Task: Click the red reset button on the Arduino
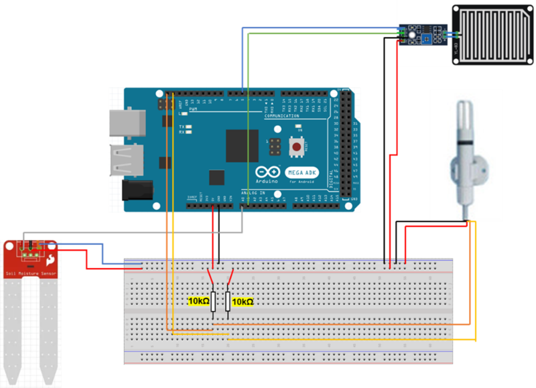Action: (295, 145)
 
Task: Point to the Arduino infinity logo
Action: (266, 171)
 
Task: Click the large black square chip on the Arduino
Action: (241, 145)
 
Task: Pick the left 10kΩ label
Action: (198, 302)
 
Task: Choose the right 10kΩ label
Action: (243, 302)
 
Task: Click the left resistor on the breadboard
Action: (214, 302)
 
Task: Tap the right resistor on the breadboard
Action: (228, 302)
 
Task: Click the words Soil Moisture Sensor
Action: (31, 273)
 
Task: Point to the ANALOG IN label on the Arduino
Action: (253, 193)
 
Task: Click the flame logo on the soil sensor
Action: (51, 259)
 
